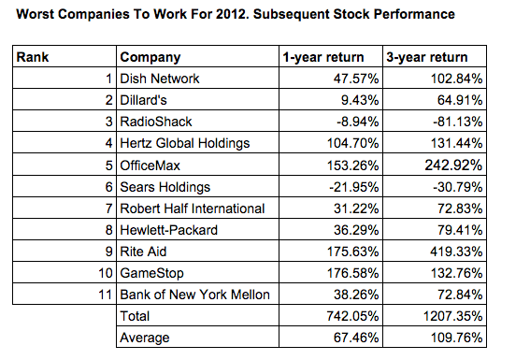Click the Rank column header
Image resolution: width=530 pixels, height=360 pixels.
[34, 57]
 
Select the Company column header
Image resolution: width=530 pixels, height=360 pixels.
[150, 57]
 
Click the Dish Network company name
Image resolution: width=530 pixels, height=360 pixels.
[160, 79]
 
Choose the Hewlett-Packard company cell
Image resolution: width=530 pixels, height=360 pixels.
[166, 229]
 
